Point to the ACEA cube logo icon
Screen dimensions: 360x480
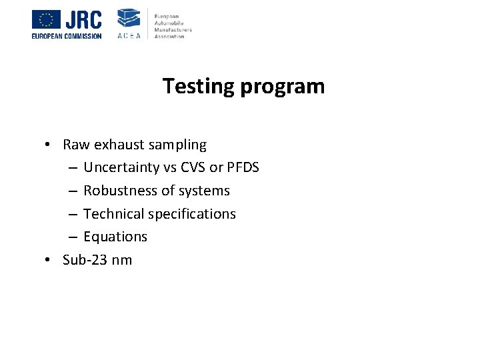129,18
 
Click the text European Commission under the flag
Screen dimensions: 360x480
67,36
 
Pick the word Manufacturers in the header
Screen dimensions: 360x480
173,31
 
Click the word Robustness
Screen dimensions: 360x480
117,191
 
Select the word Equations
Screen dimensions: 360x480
115,237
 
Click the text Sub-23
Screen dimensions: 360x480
86,260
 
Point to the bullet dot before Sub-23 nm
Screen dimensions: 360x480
49,260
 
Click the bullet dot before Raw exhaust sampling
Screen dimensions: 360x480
49,145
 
